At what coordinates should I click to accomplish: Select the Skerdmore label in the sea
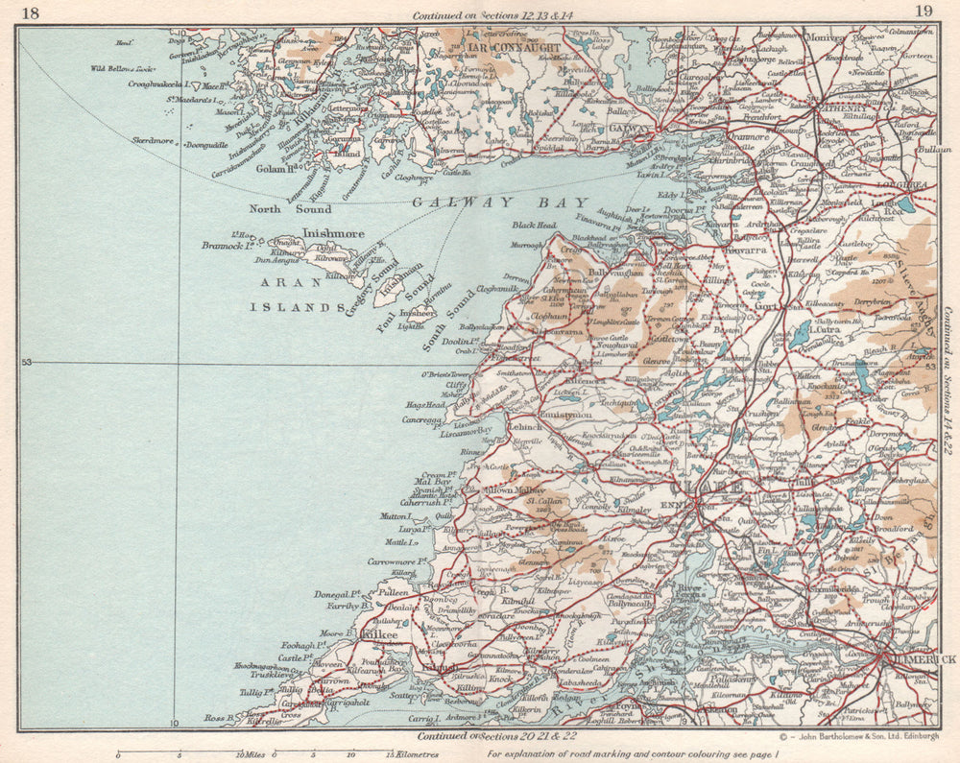pyautogui.click(x=153, y=140)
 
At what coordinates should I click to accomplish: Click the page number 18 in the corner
pyautogui.click(x=30, y=12)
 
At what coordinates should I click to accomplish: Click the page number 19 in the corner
pyautogui.click(x=924, y=12)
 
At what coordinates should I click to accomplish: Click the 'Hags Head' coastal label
pyautogui.click(x=425, y=406)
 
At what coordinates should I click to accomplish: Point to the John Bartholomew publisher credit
pyautogui.click(x=858, y=737)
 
